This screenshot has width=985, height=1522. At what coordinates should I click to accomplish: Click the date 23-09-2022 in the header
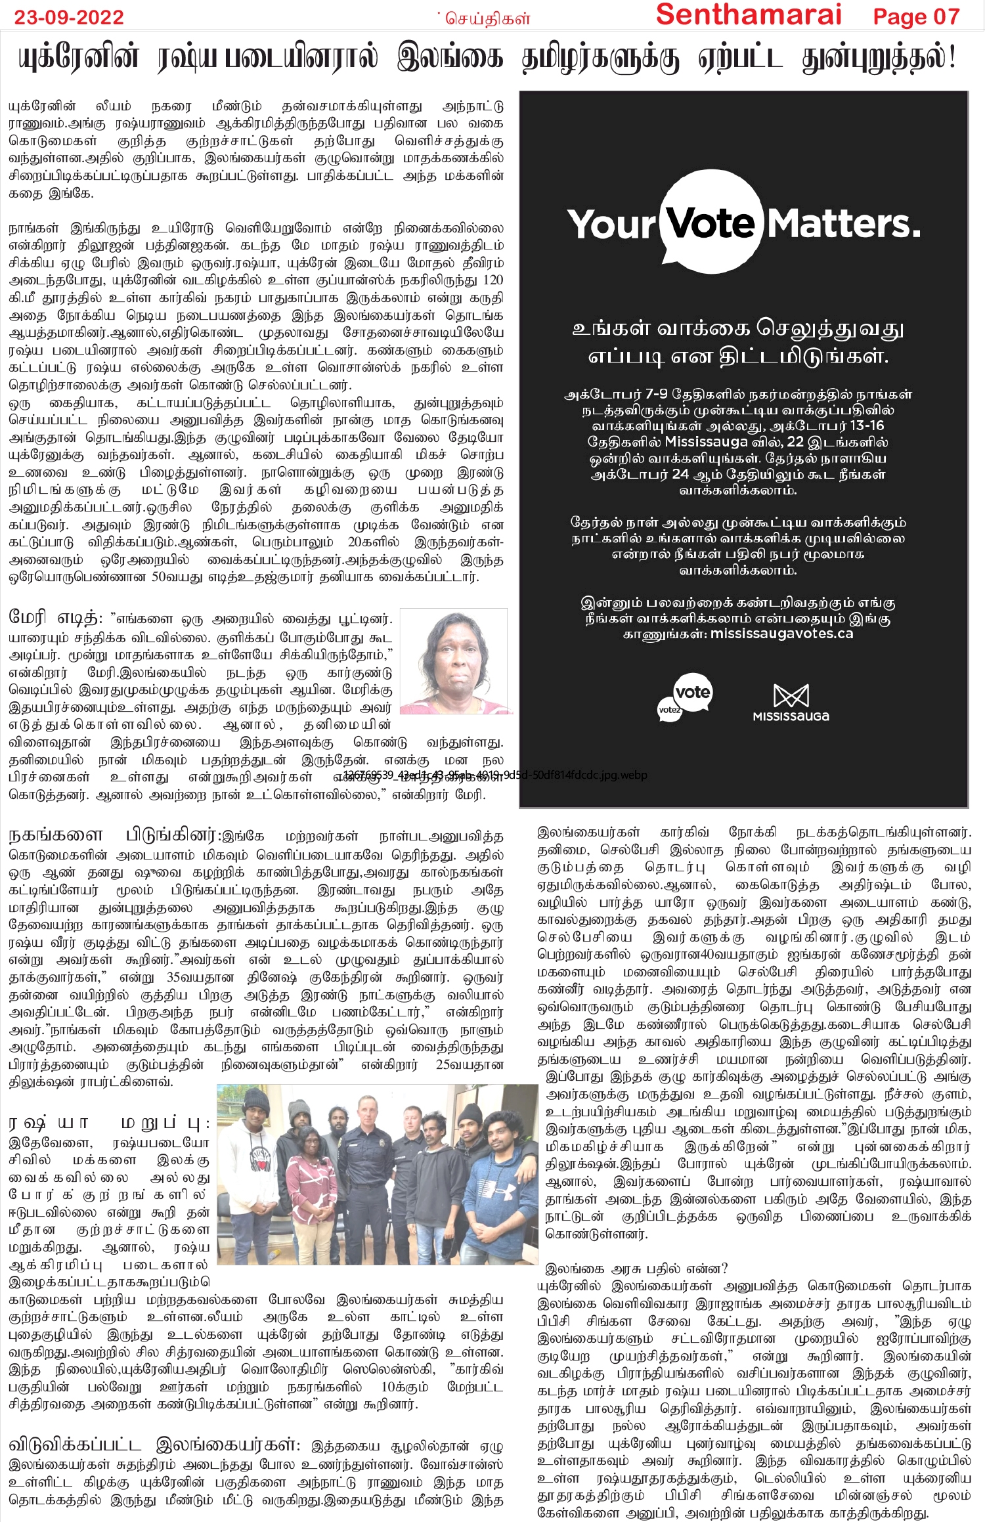pos(69,17)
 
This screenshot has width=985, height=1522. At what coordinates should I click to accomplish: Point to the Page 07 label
pos(916,16)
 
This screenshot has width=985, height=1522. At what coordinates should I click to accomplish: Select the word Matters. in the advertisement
pos(844,225)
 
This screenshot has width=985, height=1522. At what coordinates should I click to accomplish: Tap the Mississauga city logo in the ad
pos(791,703)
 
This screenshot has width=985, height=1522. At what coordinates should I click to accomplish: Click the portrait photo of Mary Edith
pos(455,661)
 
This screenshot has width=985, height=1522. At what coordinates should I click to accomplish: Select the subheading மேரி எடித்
pos(55,618)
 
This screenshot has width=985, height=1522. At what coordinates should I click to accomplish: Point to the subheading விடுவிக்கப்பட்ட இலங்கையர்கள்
pos(155,1445)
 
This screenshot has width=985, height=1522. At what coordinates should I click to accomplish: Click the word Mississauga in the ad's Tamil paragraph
pos(706,442)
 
